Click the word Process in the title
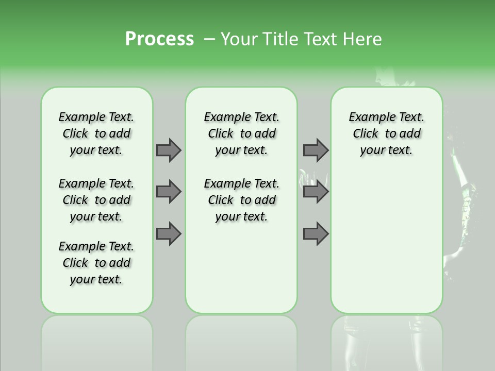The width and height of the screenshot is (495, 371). (159, 39)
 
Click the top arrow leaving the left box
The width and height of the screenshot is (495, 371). (169, 150)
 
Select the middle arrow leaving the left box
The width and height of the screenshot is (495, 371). (169, 192)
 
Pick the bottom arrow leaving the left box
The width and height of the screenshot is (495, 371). (169, 234)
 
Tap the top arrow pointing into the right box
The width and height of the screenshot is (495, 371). (316, 150)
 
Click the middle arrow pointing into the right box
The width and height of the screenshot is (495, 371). (316, 192)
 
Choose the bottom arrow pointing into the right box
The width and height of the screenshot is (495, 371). (316, 234)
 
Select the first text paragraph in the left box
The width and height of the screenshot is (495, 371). (96, 133)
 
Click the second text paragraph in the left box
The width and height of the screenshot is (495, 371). (96, 200)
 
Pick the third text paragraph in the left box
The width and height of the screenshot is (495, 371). (96, 263)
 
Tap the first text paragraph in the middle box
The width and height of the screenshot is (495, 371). (241, 133)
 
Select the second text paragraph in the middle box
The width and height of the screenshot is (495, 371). (241, 200)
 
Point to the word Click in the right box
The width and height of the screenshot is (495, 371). (366, 134)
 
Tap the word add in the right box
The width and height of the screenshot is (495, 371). (410, 134)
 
